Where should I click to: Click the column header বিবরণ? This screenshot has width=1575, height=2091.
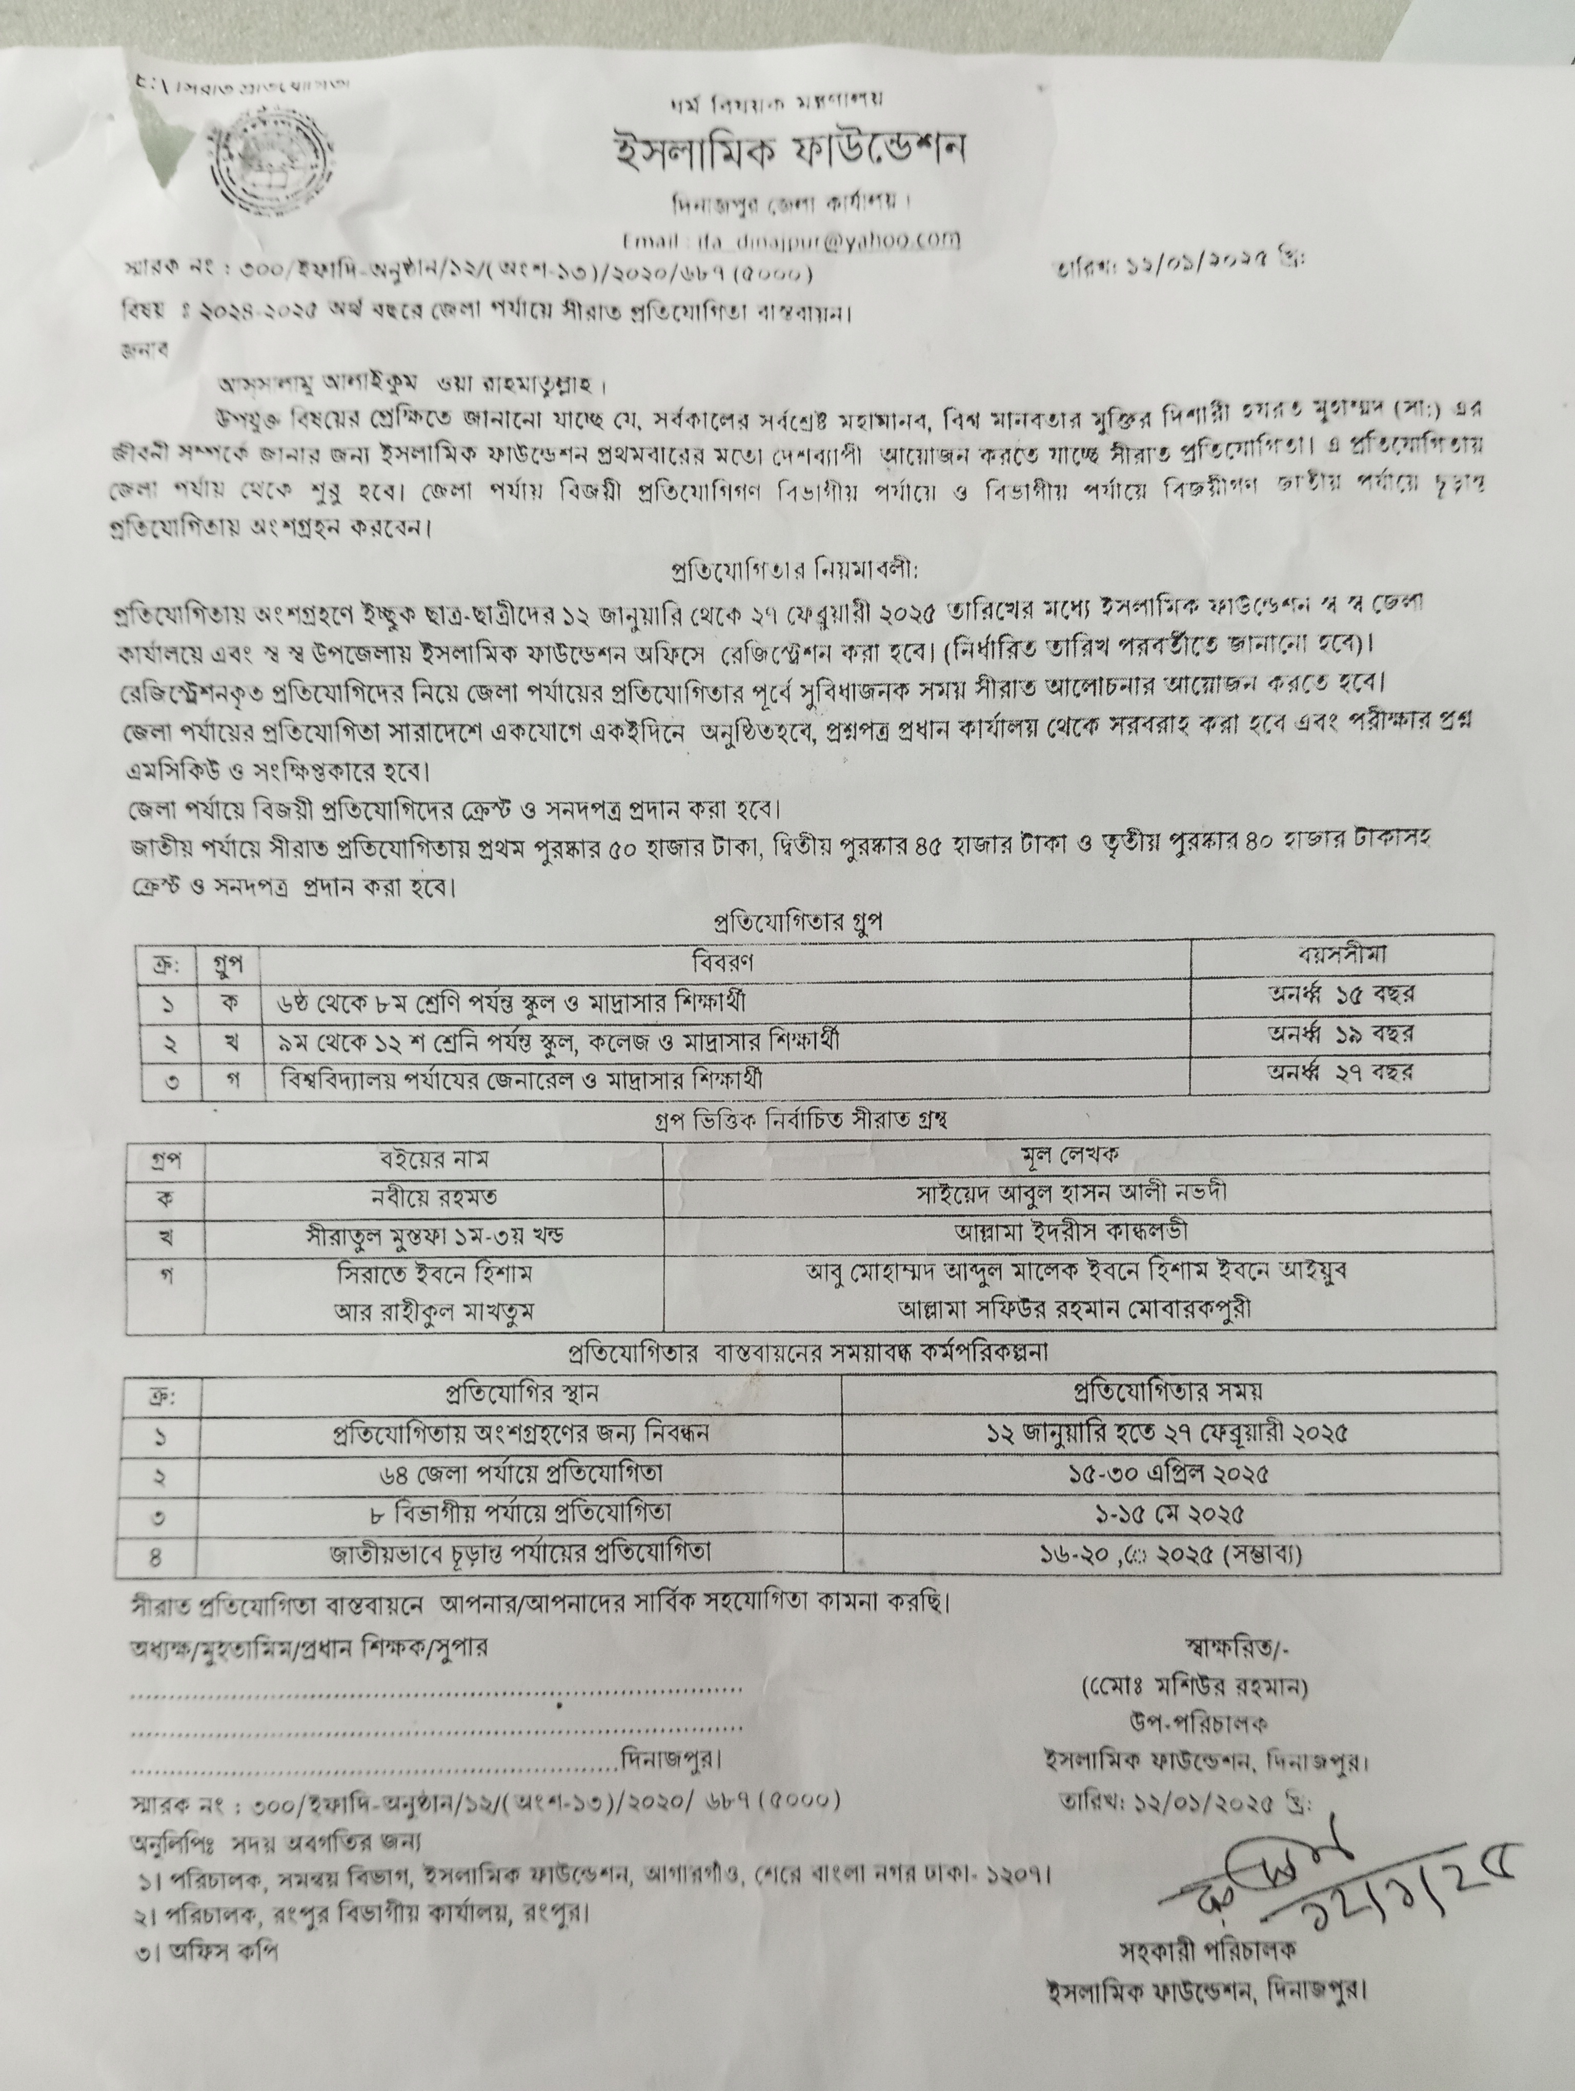pyautogui.click(x=724, y=962)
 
